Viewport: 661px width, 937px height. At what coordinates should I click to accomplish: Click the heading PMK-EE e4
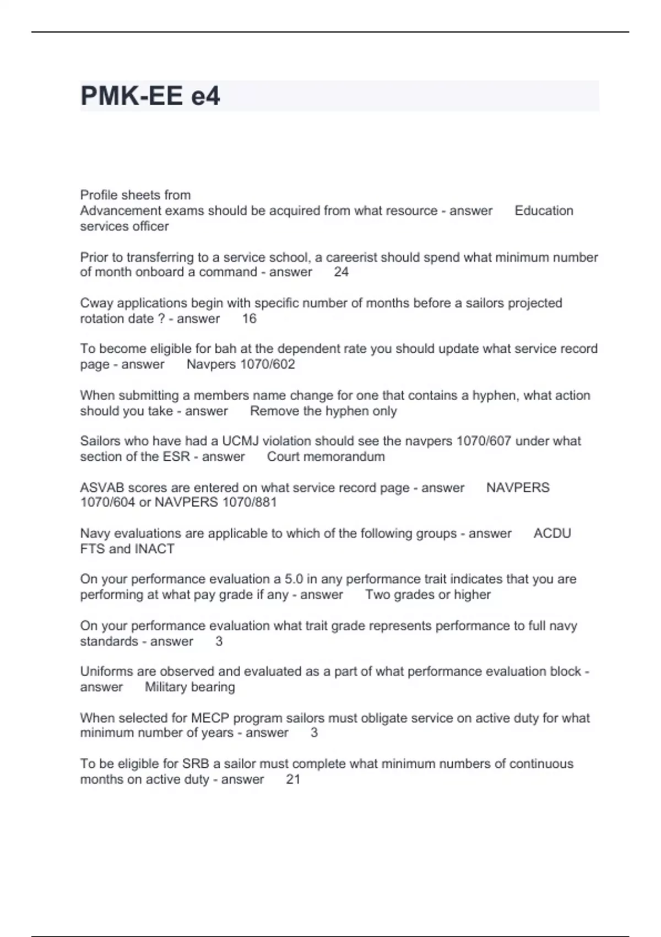(150, 96)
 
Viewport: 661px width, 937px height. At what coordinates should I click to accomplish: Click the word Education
(544, 211)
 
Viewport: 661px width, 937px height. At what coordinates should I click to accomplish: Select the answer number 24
(341, 272)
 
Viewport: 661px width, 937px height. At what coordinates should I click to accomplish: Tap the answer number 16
(249, 319)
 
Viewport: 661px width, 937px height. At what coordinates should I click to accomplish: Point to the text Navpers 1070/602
(241, 364)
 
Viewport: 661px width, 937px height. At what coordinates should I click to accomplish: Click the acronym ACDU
(552, 534)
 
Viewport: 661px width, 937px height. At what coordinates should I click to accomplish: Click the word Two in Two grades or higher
(377, 595)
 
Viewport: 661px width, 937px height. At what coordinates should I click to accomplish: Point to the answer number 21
(293, 779)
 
